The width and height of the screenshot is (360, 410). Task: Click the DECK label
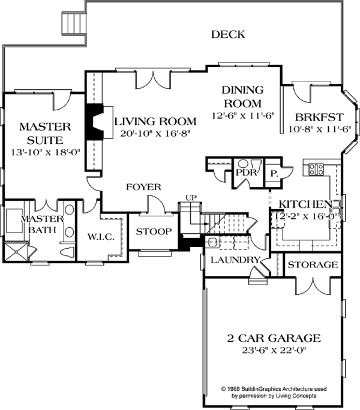[x=228, y=34]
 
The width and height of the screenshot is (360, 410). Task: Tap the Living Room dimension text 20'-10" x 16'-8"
[x=155, y=134]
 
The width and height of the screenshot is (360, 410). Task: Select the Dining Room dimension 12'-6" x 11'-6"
[x=243, y=116]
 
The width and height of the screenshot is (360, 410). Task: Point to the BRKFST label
[x=319, y=117]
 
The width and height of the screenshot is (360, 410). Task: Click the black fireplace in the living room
[x=94, y=121]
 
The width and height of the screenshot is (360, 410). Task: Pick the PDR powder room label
[x=246, y=172]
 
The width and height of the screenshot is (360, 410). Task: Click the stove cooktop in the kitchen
[x=316, y=169]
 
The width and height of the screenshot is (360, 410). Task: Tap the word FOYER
[x=143, y=187]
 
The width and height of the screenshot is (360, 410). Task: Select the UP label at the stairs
[x=191, y=198]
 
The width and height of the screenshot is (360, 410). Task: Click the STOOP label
[x=154, y=231]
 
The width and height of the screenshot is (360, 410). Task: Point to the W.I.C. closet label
[x=101, y=237]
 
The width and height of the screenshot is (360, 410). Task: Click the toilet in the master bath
[x=67, y=252]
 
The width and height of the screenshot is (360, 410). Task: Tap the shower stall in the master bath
[x=16, y=252]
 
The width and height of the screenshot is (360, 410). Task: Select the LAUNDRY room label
[x=235, y=260]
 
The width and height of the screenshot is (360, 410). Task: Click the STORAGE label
[x=313, y=264]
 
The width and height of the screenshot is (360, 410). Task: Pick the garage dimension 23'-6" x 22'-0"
[x=274, y=350]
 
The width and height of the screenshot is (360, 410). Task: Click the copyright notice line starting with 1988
[x=274, y=389]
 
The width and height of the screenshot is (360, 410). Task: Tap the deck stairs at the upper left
[x=74, y=23]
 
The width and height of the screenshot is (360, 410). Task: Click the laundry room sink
[x=212, y=243]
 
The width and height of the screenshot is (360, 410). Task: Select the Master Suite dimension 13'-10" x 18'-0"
[x=45, y=152]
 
